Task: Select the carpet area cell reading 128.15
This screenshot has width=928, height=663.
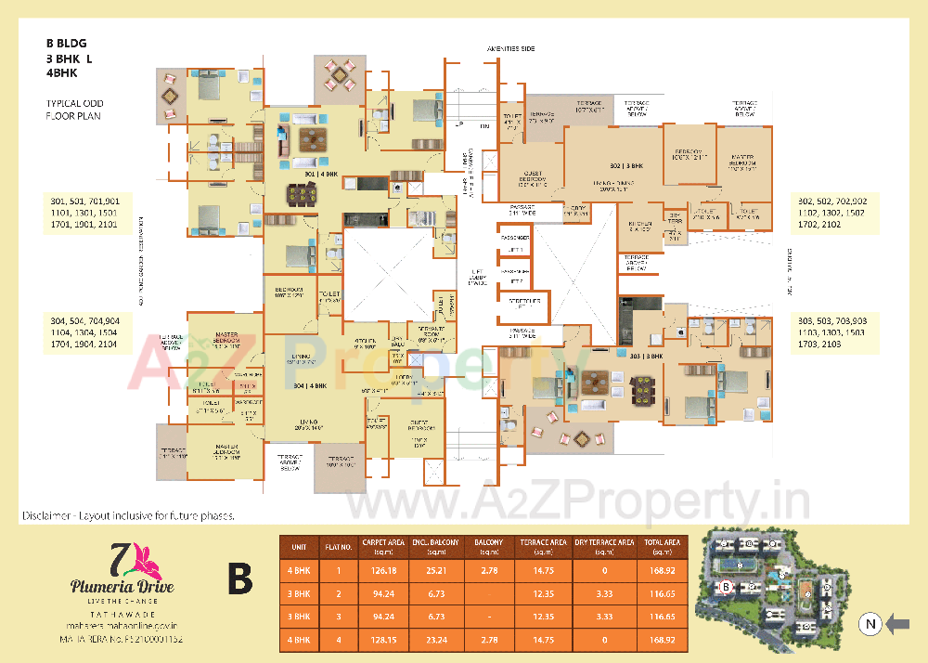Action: pos(382,640)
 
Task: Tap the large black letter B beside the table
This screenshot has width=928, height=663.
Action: pos(240,582)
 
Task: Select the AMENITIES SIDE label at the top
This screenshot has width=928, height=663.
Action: pos(510,48)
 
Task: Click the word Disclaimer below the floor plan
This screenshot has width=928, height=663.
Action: pos(45,514)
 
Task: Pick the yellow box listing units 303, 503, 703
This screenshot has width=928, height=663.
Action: pos(832,332)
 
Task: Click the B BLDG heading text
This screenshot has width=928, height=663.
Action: pos(67,43)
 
